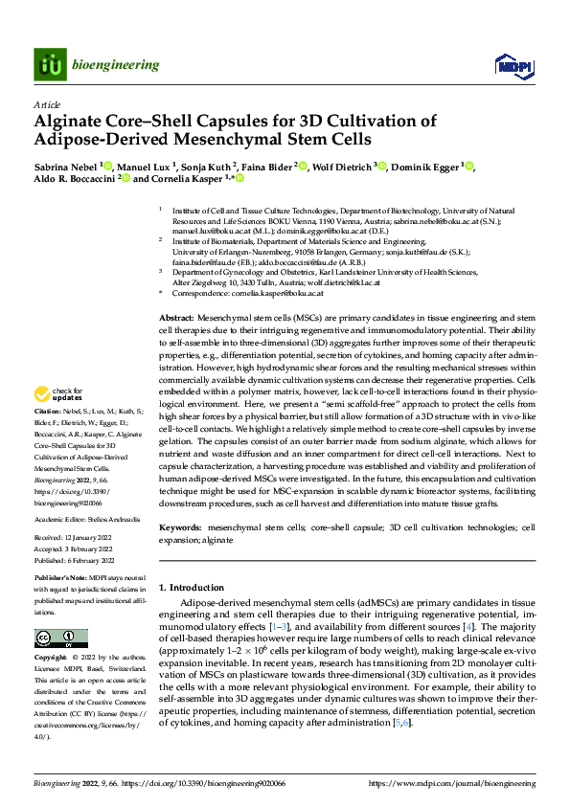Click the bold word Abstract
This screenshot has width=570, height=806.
pos(176,236)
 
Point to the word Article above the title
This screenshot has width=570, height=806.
pos(47,104)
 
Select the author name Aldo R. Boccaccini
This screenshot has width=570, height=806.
pos(75,179)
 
